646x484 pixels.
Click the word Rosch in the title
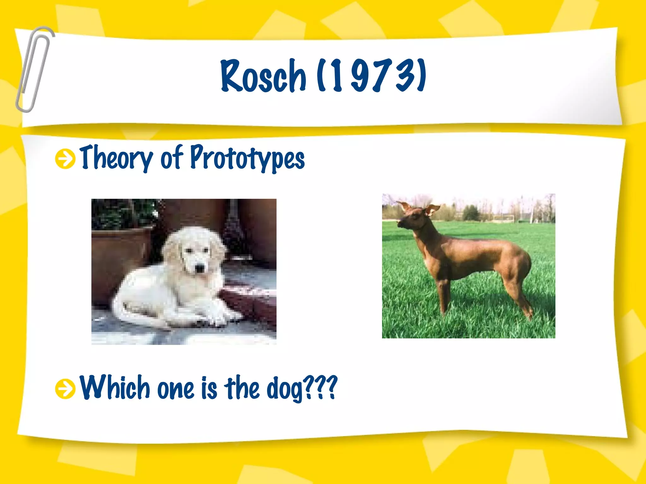tap(263, 76)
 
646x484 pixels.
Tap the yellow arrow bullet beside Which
tap(65, 388)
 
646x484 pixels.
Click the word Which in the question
tap(115, 388)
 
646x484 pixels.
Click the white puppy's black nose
tap(200, 268)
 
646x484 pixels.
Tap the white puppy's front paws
tap(218, 318)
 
